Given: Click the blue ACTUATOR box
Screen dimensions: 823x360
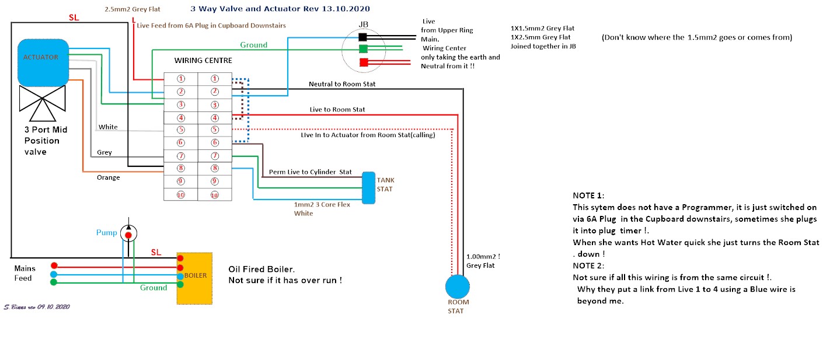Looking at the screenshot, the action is [x=43, y=63].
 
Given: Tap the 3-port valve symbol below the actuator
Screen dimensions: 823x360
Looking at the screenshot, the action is [x=43, y=103].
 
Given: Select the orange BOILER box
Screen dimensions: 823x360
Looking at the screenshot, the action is [x=194, y=278].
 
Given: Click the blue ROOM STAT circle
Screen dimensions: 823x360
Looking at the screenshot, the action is [x=458, y=286].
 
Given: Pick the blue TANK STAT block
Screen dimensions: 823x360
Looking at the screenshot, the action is [x=368, y=188].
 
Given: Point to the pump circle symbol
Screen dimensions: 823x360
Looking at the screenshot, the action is [x=128, y=233].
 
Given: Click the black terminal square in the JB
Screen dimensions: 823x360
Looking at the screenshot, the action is [x=362, y=37].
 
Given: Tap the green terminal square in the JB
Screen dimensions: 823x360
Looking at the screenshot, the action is [x=364, y=48].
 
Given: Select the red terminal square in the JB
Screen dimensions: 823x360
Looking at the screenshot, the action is [x=364, y=62].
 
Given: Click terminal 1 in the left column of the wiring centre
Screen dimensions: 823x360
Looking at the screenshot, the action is [x=181, y=79].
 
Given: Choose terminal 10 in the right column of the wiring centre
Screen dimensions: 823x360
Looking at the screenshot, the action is [x=215, y=195].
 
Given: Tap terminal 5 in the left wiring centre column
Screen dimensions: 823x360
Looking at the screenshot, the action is [x=181, y=130].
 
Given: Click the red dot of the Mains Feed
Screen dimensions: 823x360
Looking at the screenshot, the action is [x=54, y=265].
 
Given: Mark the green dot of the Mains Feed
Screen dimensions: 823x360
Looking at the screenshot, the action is [x=54, y=282].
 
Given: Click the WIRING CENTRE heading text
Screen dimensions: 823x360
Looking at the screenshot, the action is [x=203, y=60].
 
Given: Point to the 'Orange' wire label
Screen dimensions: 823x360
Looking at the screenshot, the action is [x=109, y=177].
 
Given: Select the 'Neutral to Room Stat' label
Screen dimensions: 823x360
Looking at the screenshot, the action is [x=342, y=84].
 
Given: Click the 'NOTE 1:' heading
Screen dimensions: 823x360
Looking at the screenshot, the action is [x=588, y=195].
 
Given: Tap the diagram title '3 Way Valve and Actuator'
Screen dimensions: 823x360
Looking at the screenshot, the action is [x=254, y=8].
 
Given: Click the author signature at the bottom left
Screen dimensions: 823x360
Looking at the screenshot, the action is [x=37, y=307].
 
